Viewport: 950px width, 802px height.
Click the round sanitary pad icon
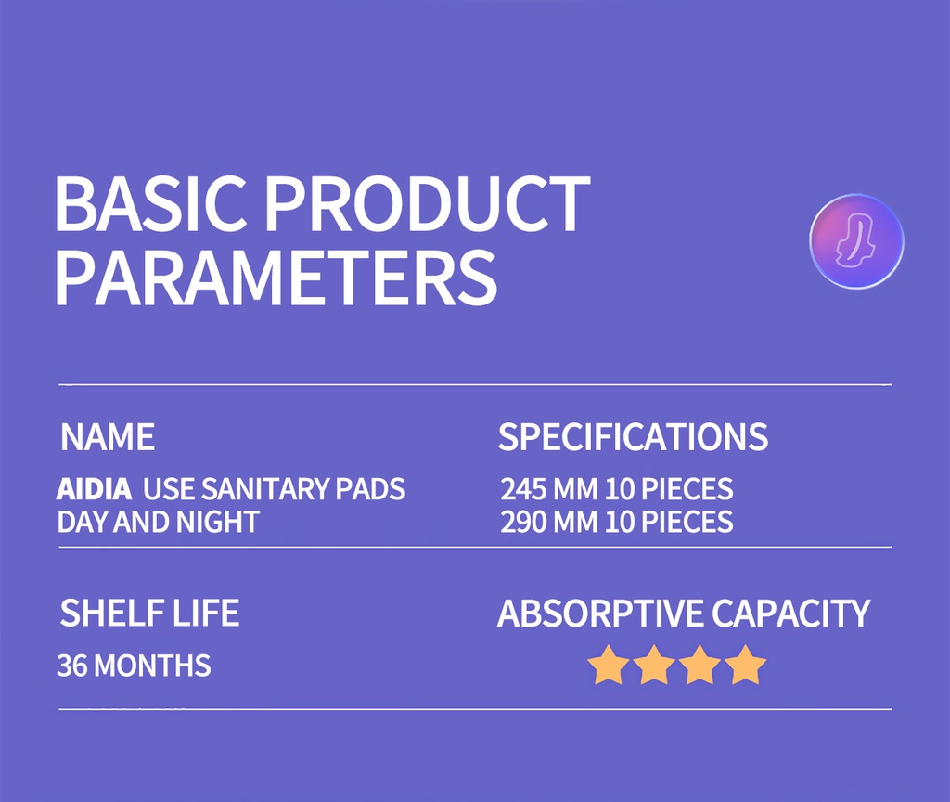[x=856, y=241]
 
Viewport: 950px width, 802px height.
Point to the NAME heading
[x=108, y=437]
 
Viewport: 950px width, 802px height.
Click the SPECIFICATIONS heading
[x=633, y=437]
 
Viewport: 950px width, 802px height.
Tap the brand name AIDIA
[x=95, y=489]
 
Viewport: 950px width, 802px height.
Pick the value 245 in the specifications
[x=523, y=489]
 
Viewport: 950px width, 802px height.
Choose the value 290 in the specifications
[x=523, y=522]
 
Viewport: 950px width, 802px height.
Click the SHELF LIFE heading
[x=149, y=614]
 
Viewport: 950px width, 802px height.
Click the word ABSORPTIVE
[x=599, y=614]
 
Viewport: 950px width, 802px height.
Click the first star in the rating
[x=609, y=666]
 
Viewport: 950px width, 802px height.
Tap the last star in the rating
[x=746, y=666]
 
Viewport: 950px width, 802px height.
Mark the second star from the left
[x=655, y=666]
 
